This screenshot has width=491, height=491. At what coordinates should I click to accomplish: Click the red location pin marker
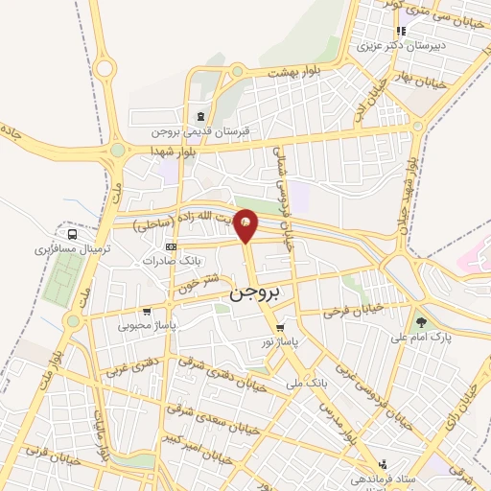point(246,224)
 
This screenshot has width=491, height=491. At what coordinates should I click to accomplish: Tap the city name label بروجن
point(253,296)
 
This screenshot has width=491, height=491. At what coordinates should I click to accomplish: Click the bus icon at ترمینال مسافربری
point(71,233)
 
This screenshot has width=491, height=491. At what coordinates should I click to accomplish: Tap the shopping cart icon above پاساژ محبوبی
point(146,311)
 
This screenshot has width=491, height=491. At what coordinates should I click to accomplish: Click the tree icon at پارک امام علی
point(419,322)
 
